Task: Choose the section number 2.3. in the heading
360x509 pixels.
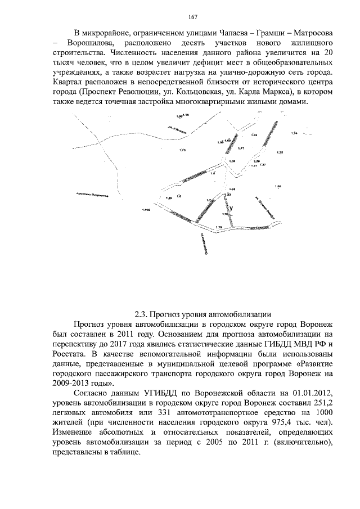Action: click(x=143, y=314)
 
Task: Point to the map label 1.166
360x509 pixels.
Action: click(x=147, y=210)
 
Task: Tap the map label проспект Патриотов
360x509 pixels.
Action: click(x=92, y=196)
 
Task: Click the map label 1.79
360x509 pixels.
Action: click(x=219, y=227)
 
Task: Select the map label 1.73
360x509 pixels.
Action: click(x=181, y=150)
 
